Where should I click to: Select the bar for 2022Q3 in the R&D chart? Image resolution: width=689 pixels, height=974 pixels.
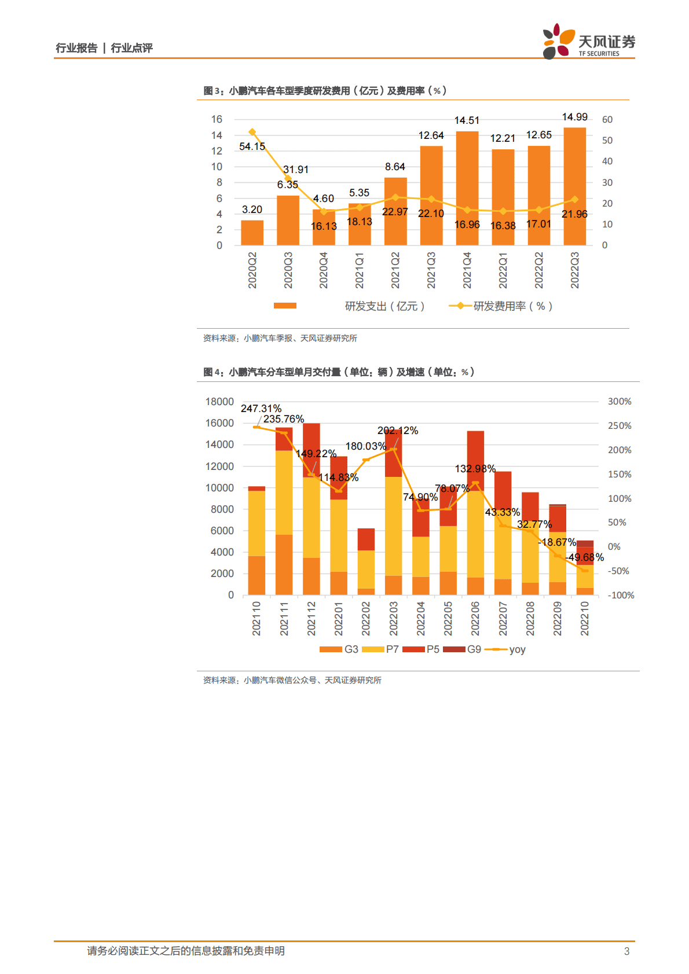tap(574, 186)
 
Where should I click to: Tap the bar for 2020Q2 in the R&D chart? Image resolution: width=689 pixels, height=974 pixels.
tap(252, 233)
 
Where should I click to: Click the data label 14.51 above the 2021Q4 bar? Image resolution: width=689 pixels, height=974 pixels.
tap(467, 120)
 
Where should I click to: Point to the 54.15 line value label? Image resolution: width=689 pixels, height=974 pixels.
tap(252, 146)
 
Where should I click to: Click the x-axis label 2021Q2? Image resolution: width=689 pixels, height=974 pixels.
tap(395, 270)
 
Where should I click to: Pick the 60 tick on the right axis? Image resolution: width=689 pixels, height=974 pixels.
tap(607, 120)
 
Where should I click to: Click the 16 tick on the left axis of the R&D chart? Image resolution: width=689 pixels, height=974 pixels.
tap(217, 119)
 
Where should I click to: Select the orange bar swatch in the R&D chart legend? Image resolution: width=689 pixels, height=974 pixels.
tap(285, 306)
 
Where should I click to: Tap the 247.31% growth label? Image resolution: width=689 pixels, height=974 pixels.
tap(261, 409)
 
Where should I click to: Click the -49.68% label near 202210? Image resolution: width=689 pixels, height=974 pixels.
tap(585, 557)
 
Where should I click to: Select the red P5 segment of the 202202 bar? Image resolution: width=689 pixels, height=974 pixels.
tap(366, 539)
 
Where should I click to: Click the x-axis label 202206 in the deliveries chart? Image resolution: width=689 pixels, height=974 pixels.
tap(475, 618)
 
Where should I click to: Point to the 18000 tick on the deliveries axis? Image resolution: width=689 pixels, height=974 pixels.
tap(219, 402)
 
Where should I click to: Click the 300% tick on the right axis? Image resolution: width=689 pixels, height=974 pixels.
tap(619, 402)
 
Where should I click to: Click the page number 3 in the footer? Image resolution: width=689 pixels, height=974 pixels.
tap(626, 951)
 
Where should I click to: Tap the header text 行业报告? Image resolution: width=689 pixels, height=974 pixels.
tap(76, 48)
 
